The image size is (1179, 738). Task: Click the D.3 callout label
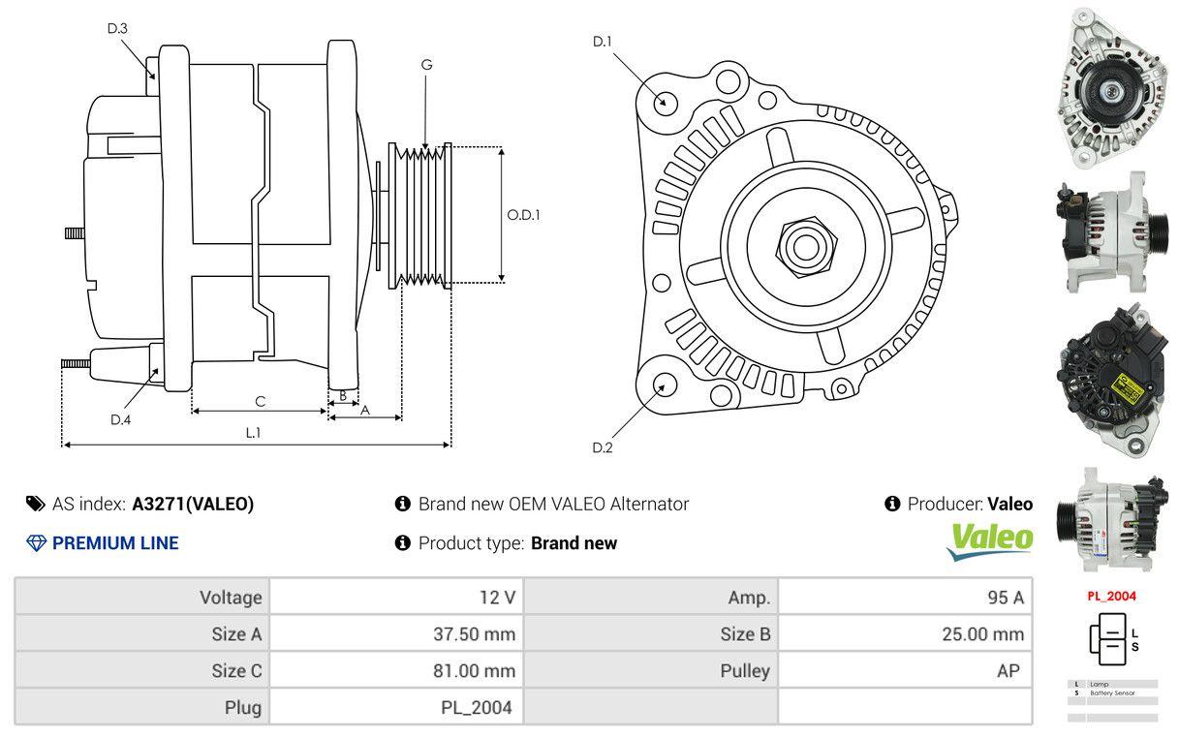[x=117, y=29]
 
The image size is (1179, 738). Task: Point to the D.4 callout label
[x=120, y=419]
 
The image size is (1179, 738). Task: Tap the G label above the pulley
[x=426, y=65]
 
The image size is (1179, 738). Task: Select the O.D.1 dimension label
[x=523, y=215]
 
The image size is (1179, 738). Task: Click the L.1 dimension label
[x=252, y=433]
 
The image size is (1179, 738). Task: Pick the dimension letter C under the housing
[x=260, y=401]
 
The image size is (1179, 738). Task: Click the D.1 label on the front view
[x=603, y=41]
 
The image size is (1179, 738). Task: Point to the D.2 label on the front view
[x=603, y=447]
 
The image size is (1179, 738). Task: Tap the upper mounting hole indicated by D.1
[x=665, y=101]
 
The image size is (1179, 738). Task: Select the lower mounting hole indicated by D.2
[x=665, y=384]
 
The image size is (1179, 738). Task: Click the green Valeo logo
[x=989, y=540]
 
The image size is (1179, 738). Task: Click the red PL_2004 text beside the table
[x=1111, y=597]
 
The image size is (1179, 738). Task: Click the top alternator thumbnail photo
[x=1111, y=86]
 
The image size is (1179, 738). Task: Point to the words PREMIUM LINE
[x=115, y=543]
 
